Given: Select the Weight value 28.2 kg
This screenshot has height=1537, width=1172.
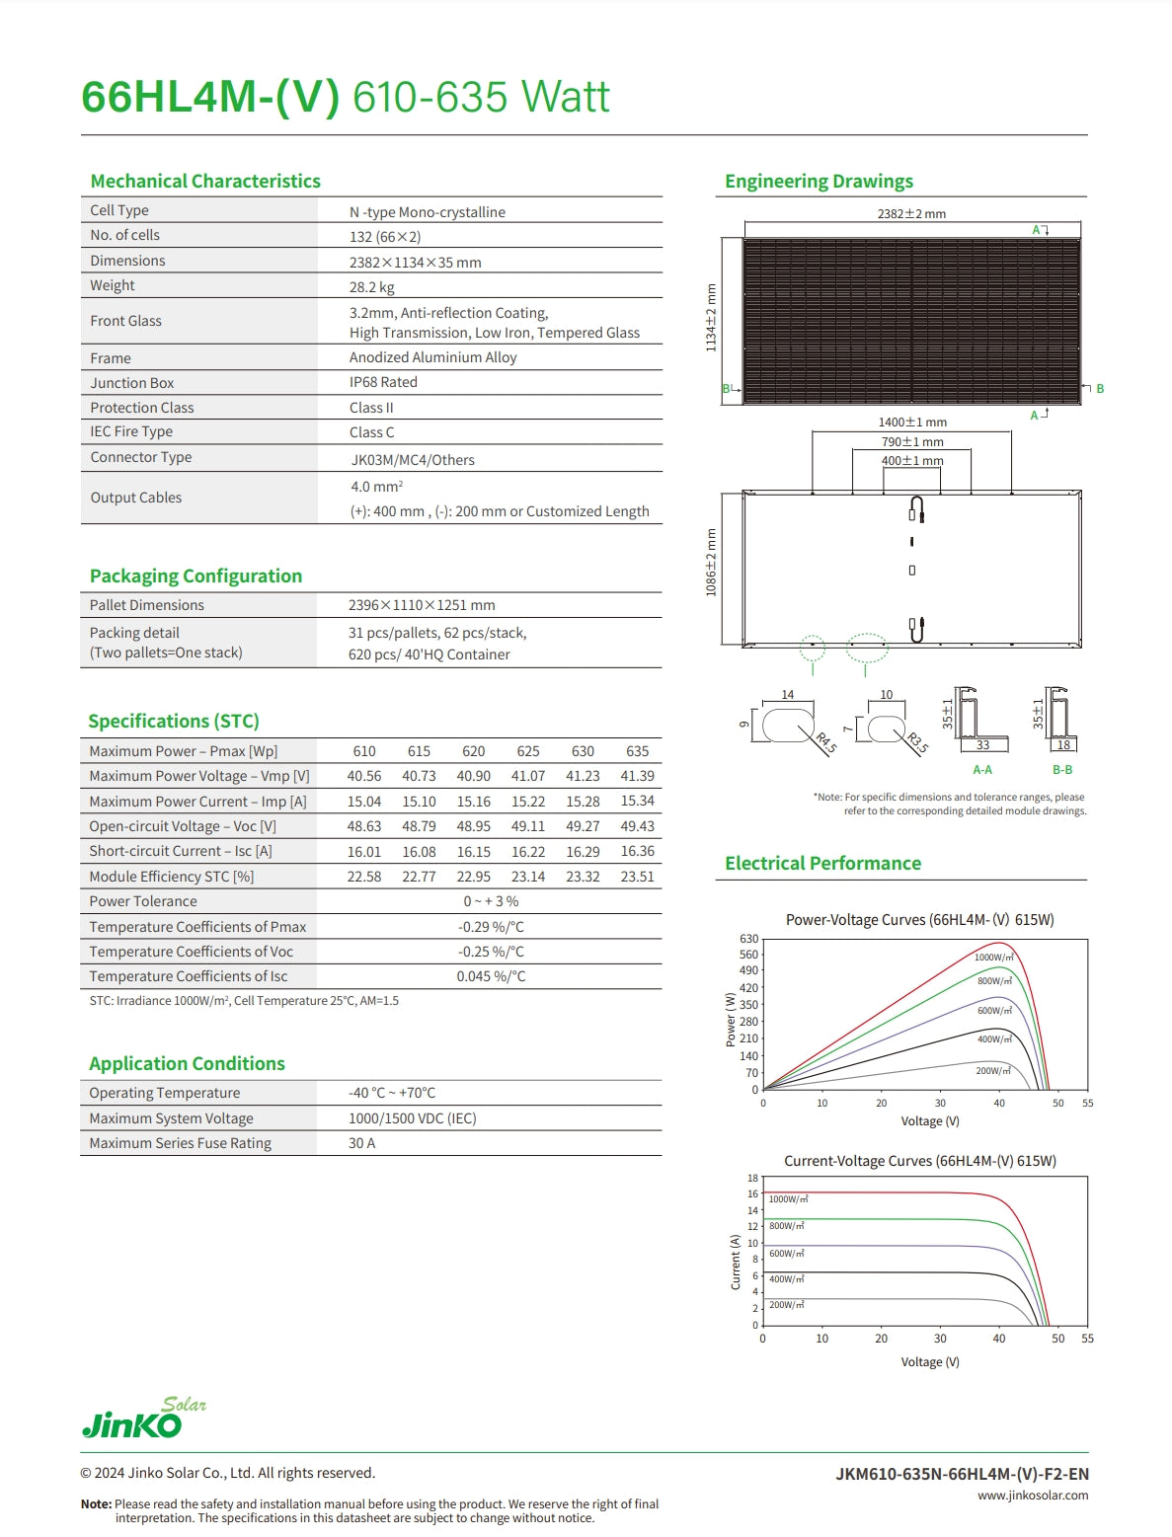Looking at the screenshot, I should point(371,287).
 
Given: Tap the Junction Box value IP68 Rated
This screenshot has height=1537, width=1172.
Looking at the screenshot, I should point(383,382).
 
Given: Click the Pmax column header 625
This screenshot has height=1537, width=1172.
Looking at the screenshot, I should point(528,751).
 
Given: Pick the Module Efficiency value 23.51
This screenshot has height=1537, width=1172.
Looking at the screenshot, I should point(637,877).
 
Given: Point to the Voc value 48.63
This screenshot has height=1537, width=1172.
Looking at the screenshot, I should point(364,826).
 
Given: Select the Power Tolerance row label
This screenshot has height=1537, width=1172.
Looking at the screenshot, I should point(143,901).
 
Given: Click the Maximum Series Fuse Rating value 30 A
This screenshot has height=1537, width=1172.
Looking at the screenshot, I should point(361,1143).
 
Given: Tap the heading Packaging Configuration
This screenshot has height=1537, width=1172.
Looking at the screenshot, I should point(195,576).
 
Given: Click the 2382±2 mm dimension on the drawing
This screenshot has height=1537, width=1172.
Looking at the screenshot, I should point(911,213).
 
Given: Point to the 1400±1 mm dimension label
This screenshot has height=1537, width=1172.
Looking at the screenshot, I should point(912,423).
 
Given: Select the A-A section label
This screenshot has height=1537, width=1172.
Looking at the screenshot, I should point(982,770).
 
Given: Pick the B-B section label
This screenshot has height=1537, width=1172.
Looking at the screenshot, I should point(1062,770).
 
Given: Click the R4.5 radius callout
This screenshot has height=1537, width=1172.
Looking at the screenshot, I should point(825,742).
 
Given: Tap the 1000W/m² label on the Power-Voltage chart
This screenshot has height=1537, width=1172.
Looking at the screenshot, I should point(993,958).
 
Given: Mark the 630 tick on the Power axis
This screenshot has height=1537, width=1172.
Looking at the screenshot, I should point(749,939).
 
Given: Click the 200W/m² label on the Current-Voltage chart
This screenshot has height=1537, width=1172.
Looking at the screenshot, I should point(788,1305).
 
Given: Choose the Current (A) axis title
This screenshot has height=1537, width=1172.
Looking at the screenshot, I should point(735,1262).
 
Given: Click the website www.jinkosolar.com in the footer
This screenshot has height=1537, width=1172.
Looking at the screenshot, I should point(1033,1496).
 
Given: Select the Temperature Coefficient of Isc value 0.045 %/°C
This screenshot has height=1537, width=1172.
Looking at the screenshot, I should point(491,976).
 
